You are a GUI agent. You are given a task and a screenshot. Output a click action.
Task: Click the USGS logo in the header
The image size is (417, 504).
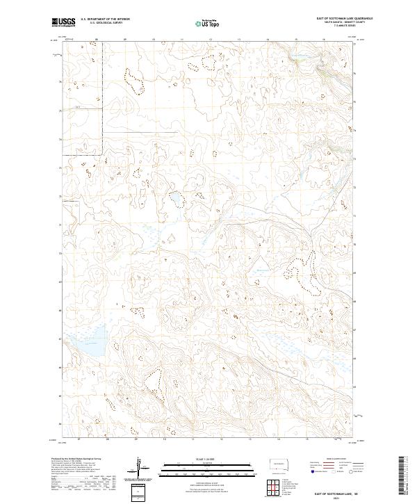[x=64, y=23]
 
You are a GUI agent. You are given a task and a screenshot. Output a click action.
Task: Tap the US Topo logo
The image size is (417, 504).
[x=208, y=23]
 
